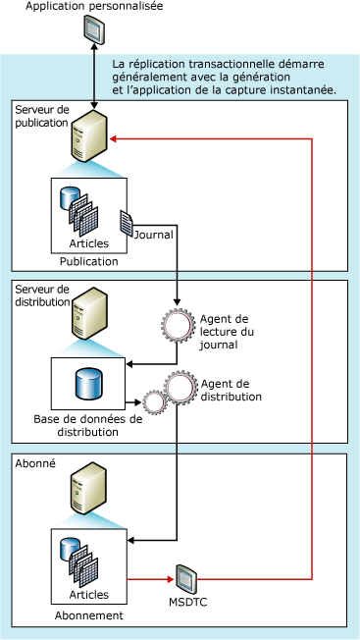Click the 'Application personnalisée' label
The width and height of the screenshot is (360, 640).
click(x=94, y=8)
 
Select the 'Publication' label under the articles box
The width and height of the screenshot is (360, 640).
click(x=88, y=262)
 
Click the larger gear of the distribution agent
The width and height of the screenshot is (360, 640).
click(x=180, y=388)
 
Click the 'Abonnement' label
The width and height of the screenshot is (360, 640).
click(x=88, y=615)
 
